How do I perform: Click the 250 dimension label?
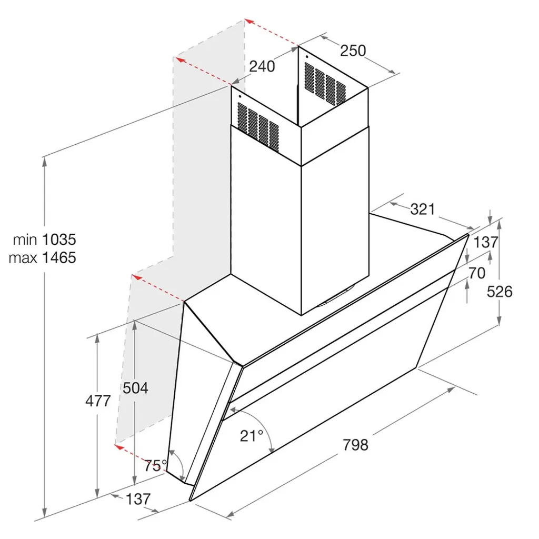(x=353, y=51)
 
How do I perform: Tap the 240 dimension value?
(x=262, y=66)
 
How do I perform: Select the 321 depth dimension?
(x=423, y=209)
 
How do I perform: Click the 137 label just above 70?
(x=485, y=242)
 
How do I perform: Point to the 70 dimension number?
(x=476, y=273)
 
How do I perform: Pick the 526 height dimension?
(x=500, y=291)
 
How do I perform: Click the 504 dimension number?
(x=135, y=388)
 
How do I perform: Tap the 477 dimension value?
(x=98, y=401)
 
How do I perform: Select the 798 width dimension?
(x=355, y=445)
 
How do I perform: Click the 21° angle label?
(x=252, y=436)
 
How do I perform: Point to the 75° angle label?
(x=155, y=465)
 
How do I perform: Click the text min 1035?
(x=45, y=240)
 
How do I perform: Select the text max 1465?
(x=43, y=258)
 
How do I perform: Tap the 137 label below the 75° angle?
(x=138, y=499)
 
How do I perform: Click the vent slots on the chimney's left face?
(x=258, y=125)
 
